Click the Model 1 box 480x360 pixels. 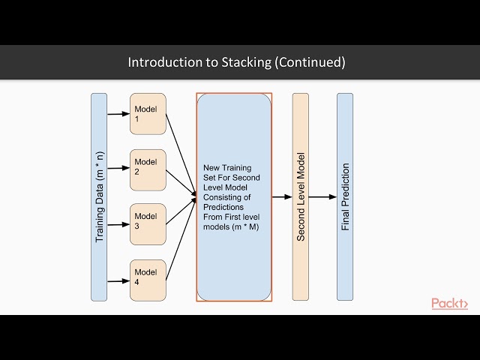(148, 114)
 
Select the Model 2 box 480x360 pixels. (148, 170)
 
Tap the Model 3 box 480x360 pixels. (148, 224)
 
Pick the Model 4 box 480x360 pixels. (148, 280)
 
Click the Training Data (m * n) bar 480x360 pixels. (99, 197)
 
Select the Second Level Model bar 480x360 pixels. (301, 197)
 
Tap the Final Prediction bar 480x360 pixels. (345, 197)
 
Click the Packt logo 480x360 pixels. (450, 303)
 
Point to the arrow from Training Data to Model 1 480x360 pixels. (118, 114)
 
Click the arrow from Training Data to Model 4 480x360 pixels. (118, 281)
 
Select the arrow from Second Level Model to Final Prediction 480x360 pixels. (322, 196)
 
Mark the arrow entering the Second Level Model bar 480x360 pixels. (282, 196)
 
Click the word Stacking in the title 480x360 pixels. (247, 63)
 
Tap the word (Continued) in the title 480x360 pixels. (310, 62)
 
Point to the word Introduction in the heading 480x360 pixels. (165, 62)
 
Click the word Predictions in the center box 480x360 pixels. (223, 207)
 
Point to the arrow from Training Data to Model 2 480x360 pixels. (118, 168)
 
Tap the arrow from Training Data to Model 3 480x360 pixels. (118, 225)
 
